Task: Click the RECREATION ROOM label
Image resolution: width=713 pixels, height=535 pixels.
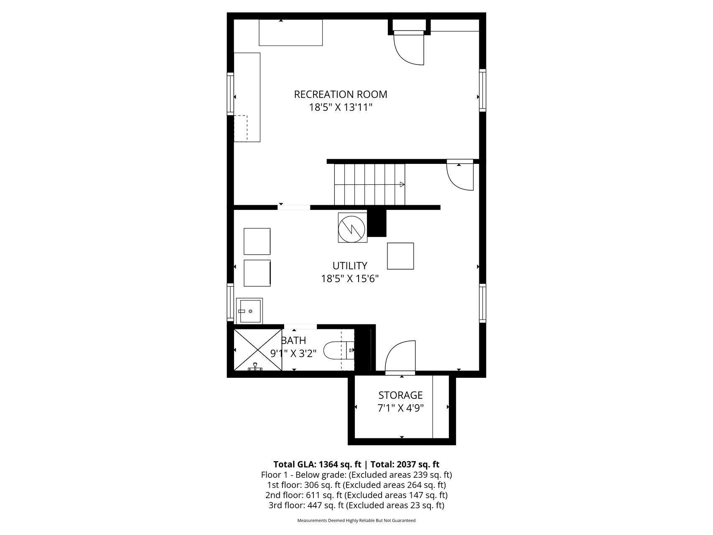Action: tap(341, 94)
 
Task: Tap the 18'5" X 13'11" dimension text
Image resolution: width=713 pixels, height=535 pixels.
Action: tap(341, 107)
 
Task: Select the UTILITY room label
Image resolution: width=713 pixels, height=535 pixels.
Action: tap(350, 265)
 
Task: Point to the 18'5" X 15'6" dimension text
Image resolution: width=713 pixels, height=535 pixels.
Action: tap(350, 278)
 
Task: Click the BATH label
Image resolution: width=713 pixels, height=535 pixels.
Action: tap(294, 341)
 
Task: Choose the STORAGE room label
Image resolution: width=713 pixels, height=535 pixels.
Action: tap(400, 395)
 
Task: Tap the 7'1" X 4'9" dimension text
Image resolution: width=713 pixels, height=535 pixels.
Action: tap(400, 408)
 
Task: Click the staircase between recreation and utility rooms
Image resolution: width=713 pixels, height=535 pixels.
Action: tap(369, 184)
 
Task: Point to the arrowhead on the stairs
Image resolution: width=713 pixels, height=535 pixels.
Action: tap(402, 184)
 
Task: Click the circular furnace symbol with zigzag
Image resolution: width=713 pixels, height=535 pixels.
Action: tap(351, 228)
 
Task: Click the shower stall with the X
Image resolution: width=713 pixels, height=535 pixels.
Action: tap(258, 350)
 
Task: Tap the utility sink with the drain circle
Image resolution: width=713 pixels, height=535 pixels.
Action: tap(250, 311)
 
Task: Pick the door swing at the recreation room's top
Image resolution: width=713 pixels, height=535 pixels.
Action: tap(409, 49)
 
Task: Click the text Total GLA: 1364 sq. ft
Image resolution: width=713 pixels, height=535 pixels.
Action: tap(317, 464)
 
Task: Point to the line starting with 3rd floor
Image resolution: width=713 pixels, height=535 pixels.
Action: tap(356, 505)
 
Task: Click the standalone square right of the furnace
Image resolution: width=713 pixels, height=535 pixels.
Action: tap(400, 256)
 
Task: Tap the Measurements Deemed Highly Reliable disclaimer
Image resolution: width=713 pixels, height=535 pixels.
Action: tap(356, 520)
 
